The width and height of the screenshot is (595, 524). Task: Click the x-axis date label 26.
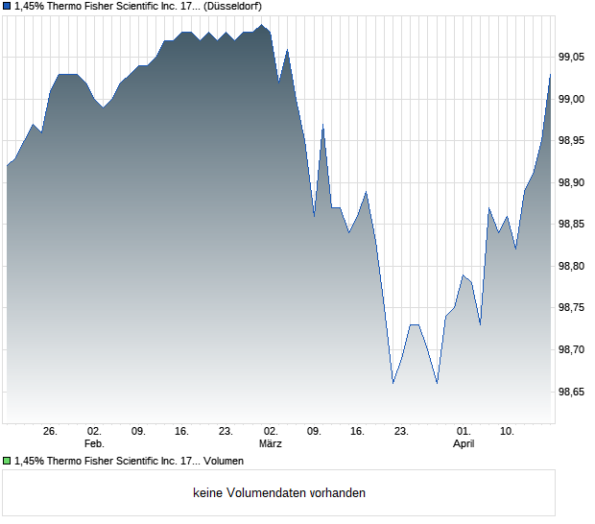(51, 432)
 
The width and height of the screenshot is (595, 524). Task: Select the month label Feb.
(93, 444)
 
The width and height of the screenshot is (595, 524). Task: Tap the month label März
(270, 444)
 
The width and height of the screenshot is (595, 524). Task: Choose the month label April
(464, 444)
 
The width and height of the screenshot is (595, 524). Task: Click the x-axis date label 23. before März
(226, 432)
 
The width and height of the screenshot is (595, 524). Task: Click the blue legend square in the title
(7, 6)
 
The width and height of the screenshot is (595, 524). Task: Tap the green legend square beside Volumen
(7, 462)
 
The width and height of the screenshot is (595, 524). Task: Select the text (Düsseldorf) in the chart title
(233, 6)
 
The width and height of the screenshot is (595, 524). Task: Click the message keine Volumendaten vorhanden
(279, 493)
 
